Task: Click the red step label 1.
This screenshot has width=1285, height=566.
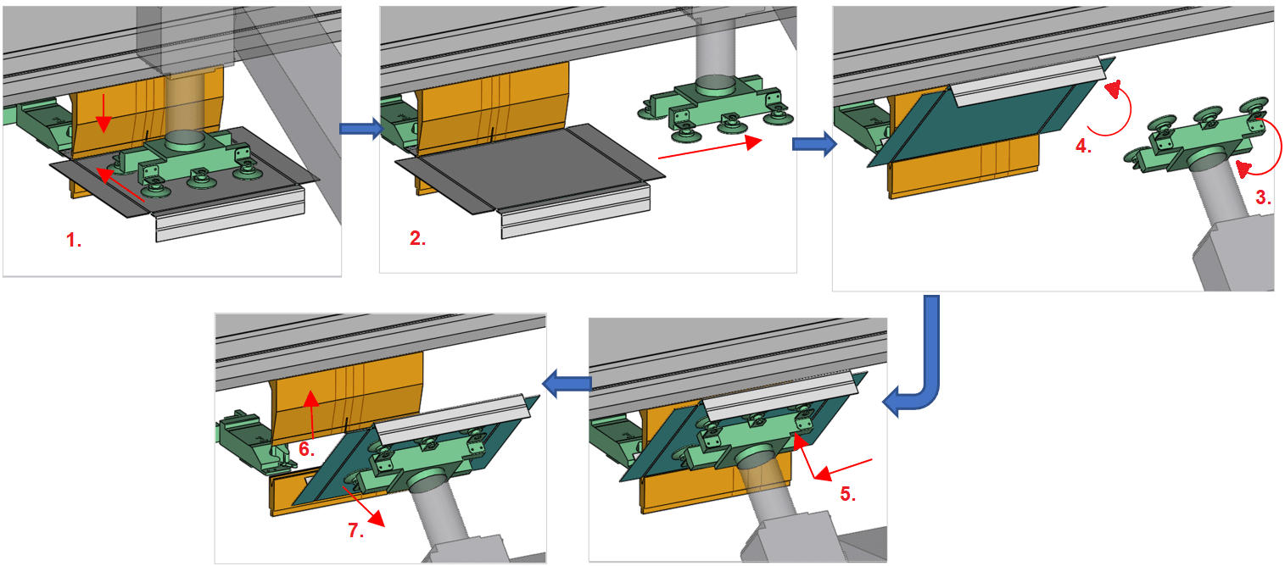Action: click(x=75, y=240)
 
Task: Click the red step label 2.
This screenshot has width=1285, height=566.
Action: click(x=417, y=238)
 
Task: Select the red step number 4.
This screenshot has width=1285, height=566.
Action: click(x=1082, y=145)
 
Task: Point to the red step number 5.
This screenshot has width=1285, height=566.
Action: click(x=847, y=494)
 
